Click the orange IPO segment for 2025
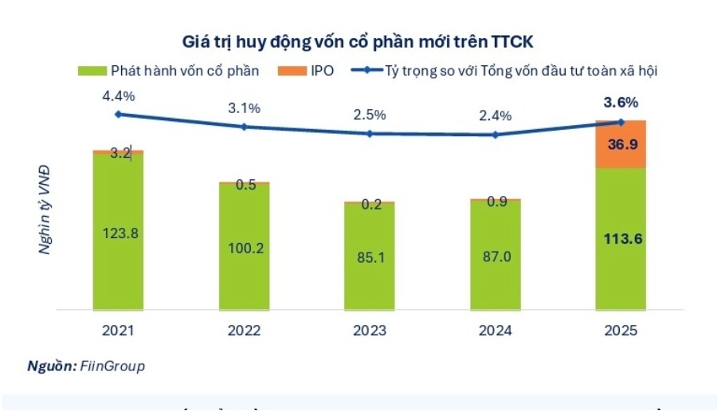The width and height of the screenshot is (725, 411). point(621,145)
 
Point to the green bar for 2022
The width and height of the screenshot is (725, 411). point(244,247)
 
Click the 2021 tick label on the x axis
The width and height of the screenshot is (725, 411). point(118,329)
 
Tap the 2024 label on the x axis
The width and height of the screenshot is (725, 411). point(496,329)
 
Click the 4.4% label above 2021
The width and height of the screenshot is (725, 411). point(118,96)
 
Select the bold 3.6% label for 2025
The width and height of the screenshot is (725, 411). point(621,102)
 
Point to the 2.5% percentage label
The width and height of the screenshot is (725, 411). point(370,115)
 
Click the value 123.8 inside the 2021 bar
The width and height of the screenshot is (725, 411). point(118,233)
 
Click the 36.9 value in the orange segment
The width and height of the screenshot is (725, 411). point(621,145)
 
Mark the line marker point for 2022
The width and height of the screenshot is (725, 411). point(244,127)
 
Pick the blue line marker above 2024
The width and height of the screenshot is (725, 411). point(496,135)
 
